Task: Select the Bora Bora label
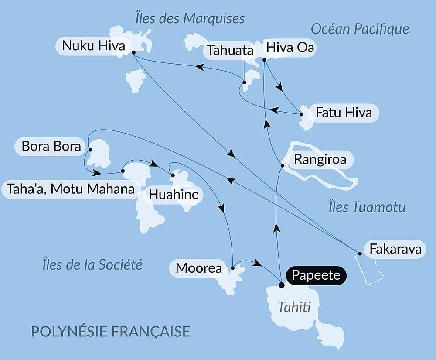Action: tap(51, 146)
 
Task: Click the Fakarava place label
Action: tap(395, 249)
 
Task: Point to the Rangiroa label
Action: tap(320, 159)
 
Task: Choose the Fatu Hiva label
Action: tap(344, 113)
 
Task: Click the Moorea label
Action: tap(199, 268)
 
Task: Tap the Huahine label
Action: tap(174, 195)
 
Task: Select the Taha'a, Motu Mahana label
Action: tap(70, 189)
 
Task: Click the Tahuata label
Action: tap(230, 50)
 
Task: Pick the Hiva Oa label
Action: tap(290, 48)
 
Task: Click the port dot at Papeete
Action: tap(281, 285)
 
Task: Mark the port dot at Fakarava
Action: tap(360, 253)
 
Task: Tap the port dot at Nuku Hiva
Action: tap(133, 52)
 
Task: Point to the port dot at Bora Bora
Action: tap(90, 150)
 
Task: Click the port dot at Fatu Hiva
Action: tap(301, 114)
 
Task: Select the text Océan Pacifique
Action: tap(360, 29)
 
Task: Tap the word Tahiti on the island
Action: tap(294, 308)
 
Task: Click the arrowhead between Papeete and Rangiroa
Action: tap(276, 228)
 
